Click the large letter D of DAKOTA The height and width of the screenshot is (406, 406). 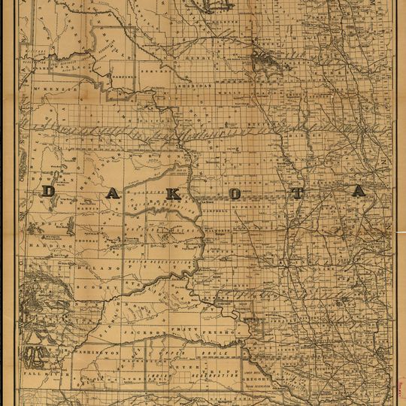point(47,192)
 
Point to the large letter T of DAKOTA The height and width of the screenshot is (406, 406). point(297,192)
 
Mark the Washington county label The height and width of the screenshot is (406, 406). point(97,352)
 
